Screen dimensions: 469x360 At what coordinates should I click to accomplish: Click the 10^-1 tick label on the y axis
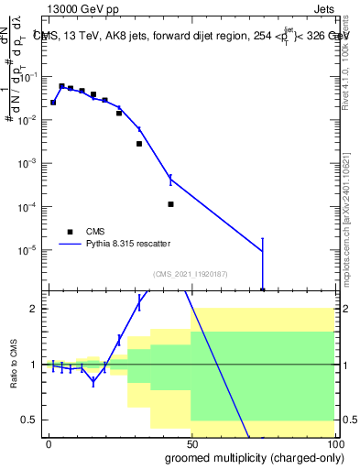pyautogui.click(x=30, y=78)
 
